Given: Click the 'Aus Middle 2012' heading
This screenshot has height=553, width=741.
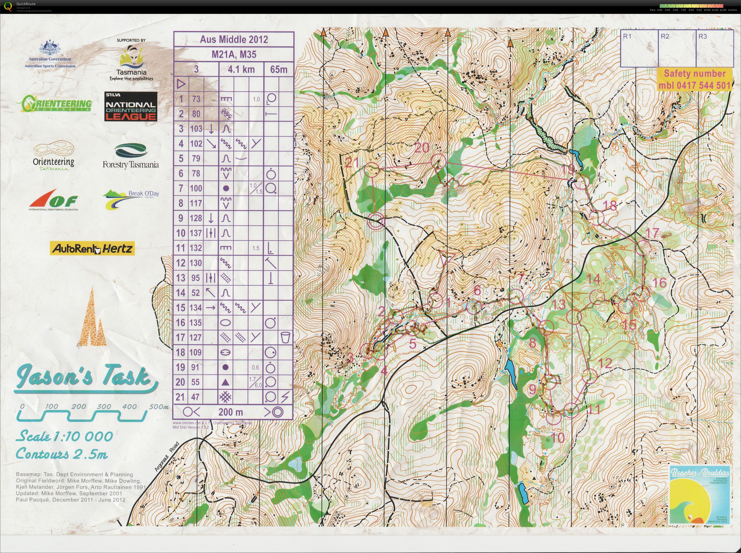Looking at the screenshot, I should [x=234, y=39].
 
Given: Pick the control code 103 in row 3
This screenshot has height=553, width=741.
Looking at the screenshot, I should [x=196, y=129].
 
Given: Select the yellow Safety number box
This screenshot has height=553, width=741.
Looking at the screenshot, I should [x=695, y=79].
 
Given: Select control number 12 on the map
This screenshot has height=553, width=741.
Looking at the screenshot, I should [x=604, y=363].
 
